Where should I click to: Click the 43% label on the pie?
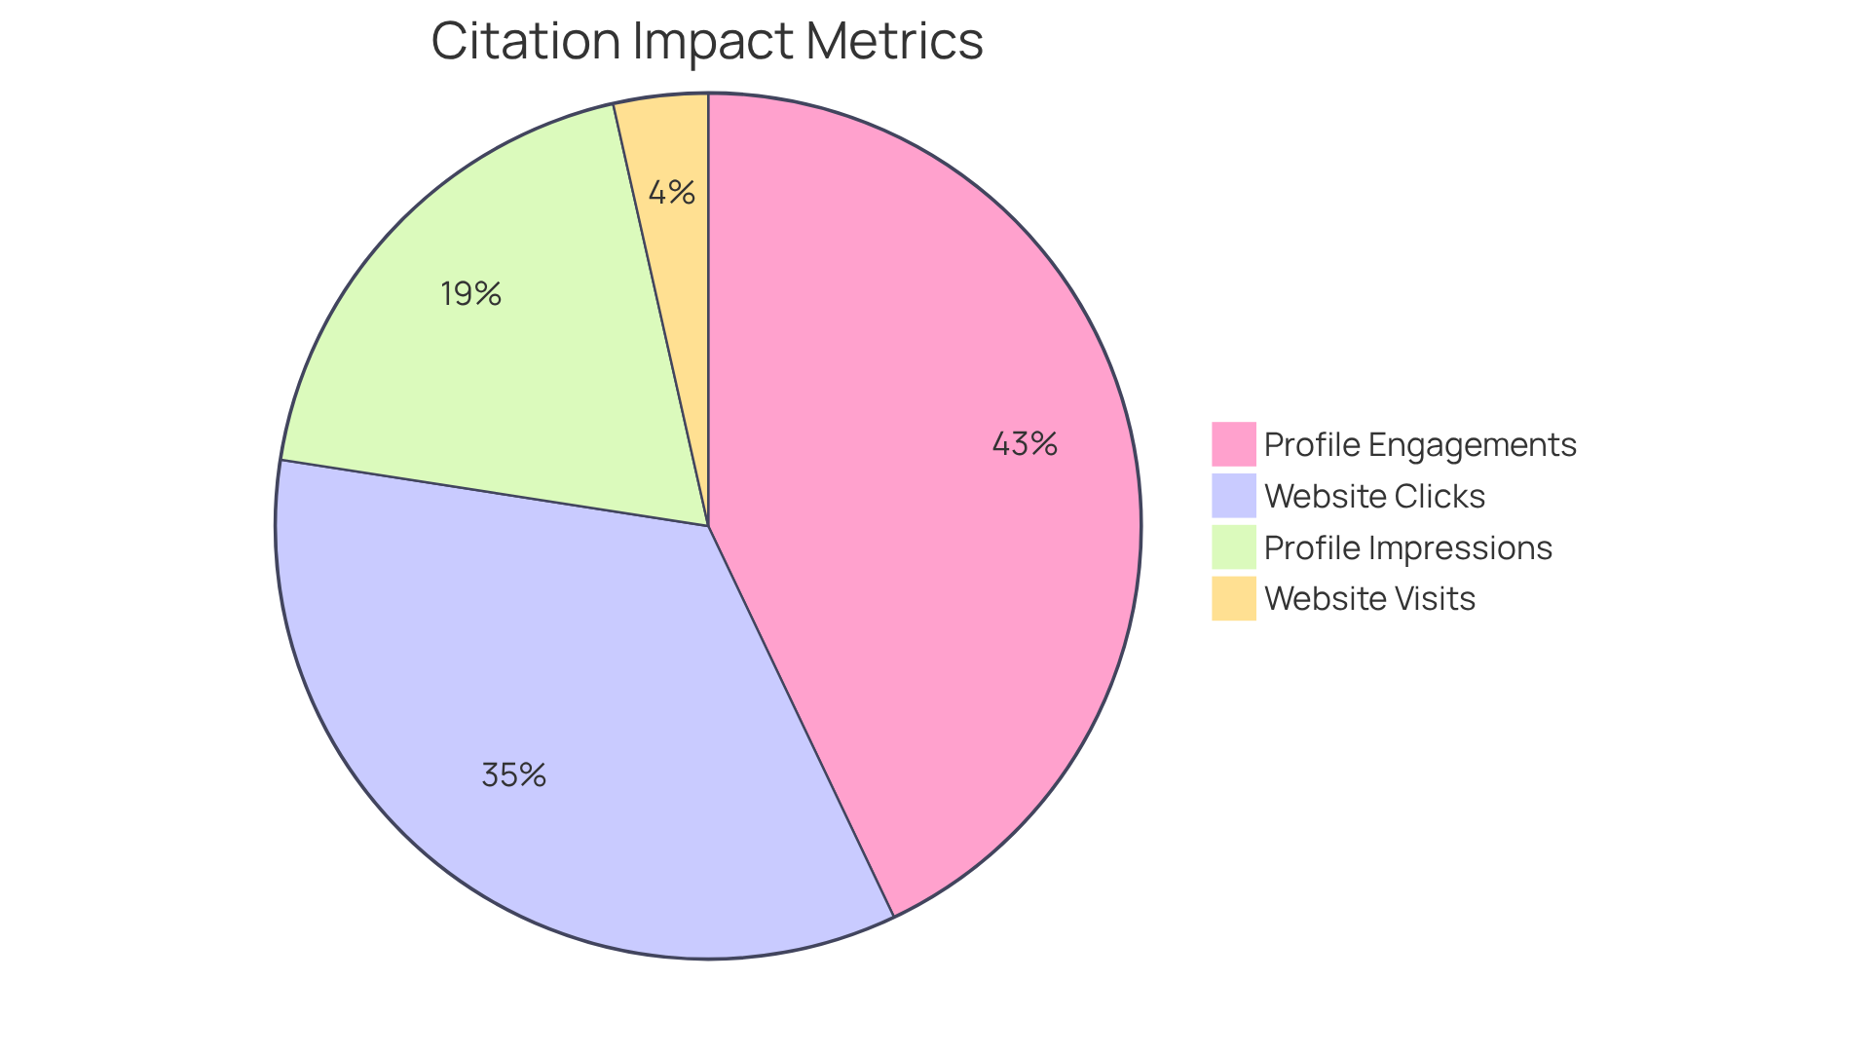(1025, 444)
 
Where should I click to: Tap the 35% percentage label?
(513, 775)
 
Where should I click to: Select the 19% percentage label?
(470, 293)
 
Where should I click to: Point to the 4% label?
(672, 193)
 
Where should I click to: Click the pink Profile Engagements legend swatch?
(1233, 444)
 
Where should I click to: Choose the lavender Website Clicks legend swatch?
(1233, 496)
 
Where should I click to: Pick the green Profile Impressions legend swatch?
(1233, 547)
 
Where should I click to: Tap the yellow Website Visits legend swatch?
(1233, 598)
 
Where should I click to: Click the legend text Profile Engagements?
(1419, 444)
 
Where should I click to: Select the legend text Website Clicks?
(1374, 496)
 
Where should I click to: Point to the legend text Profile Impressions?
(1407, 547)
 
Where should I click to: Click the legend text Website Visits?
(1369, 598)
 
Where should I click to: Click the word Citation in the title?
(526, 41)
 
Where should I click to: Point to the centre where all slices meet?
(708, 526)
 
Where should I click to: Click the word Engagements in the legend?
(1472, 444)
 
